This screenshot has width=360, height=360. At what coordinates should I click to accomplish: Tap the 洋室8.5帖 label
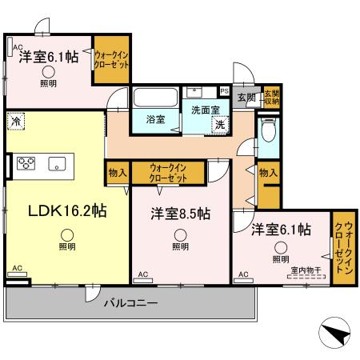tap(181, 214)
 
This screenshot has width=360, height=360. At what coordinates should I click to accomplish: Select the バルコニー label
tap(130, 303)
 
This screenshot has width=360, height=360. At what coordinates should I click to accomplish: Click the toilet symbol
tap(269, 130)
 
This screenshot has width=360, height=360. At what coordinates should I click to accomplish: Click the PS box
tap(224, 91)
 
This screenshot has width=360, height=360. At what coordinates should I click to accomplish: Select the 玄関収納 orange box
tap(272, 97)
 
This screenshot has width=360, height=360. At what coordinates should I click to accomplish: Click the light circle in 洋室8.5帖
tap(181, 235)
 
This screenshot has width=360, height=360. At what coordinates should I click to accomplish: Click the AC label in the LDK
tap(18, 270)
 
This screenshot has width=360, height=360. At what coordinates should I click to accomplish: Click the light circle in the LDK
tap(68, 235)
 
